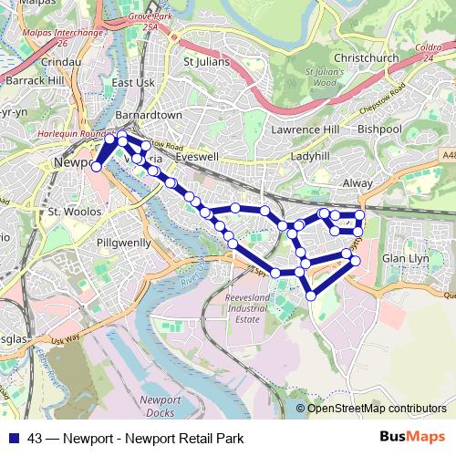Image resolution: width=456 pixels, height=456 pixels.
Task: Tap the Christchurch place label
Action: [367, 58]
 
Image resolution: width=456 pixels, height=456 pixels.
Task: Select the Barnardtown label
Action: [150, 116]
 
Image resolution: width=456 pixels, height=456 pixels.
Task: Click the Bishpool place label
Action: [379, 130]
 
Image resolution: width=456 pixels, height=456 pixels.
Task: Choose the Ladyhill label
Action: [309, 157]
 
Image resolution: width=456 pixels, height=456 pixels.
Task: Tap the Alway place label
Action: [358, 183]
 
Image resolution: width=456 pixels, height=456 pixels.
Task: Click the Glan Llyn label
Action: [406, 258]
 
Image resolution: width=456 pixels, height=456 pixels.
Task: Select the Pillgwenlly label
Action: [124, 244]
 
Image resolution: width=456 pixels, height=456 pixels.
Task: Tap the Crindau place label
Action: [62, 62]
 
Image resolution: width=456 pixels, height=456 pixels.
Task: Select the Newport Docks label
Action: [161, 407]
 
